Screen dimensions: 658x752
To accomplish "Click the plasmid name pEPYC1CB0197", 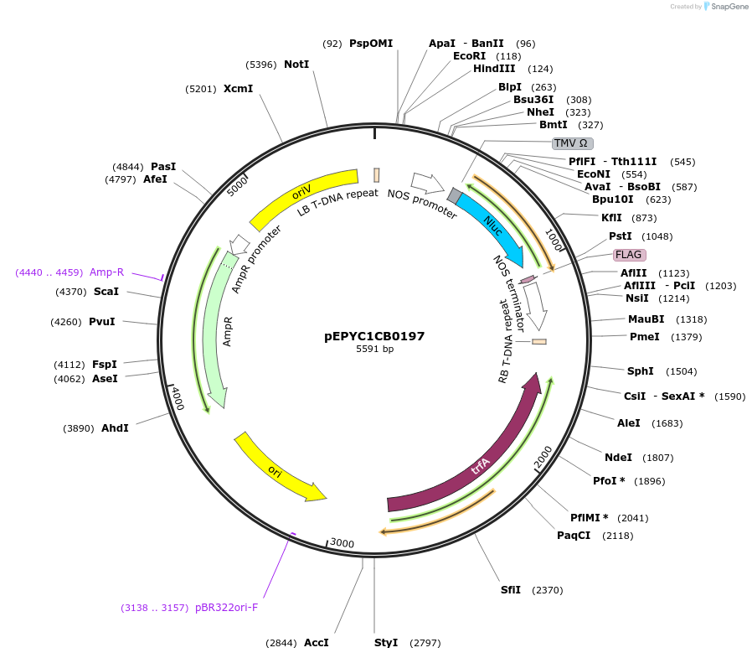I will (x=374, y=336).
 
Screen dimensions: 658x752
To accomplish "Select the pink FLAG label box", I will (x=630, y=254).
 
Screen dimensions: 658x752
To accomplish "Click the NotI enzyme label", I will (x=296, y=65).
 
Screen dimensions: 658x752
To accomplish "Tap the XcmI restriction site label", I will (x=238, y=88).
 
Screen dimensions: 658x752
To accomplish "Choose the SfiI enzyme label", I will (x=511, y=590).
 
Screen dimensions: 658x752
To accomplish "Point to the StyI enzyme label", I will (x=386, y=643).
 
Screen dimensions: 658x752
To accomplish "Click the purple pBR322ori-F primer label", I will (x=226, y=608).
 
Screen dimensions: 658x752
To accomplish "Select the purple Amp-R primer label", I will (x=106, y=272).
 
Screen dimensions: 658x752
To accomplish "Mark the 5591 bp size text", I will (x=374, y=349).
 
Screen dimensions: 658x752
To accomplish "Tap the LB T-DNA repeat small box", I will (x=377, y=174).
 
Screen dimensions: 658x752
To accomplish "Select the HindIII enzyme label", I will (x=494, y=69).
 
